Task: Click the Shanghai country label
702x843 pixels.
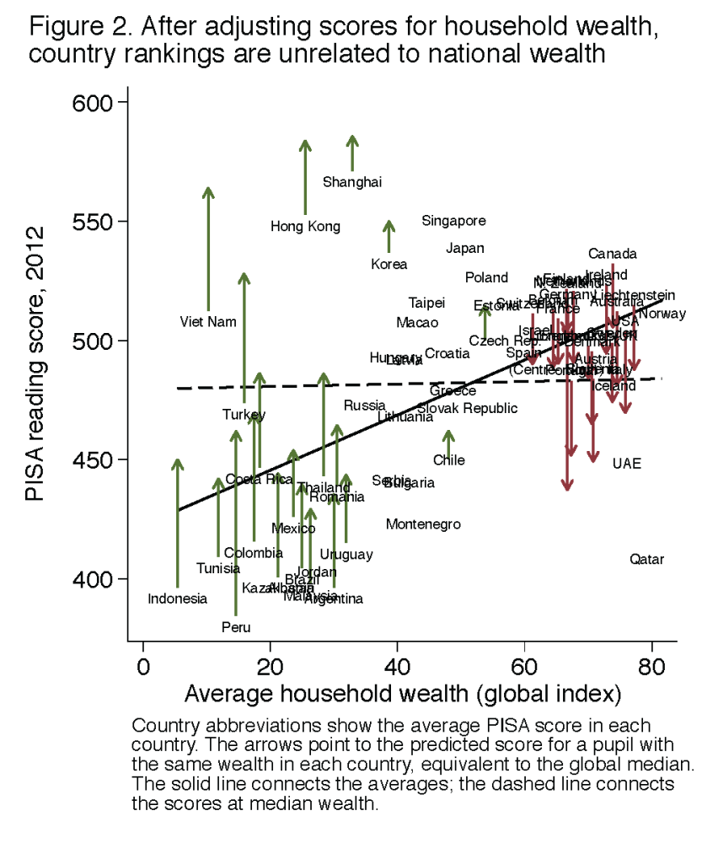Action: coord(352,182)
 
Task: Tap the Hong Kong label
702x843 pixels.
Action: coord(305,226)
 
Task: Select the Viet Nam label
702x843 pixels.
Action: coord(208,321)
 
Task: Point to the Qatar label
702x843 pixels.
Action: coord(646,559)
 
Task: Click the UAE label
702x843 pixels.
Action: coord(626,463)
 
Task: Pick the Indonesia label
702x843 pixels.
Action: coord(177,599)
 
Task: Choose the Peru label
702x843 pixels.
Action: coord(236,627)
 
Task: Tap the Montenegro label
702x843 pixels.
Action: coord(423,524)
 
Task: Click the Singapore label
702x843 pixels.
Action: coord(453,221)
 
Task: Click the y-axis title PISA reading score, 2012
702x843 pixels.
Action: coord(35,363)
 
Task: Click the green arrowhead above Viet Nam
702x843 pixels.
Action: coord(208,192)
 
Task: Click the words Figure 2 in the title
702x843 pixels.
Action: coord(74,28)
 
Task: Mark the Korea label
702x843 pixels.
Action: coord(389,264)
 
